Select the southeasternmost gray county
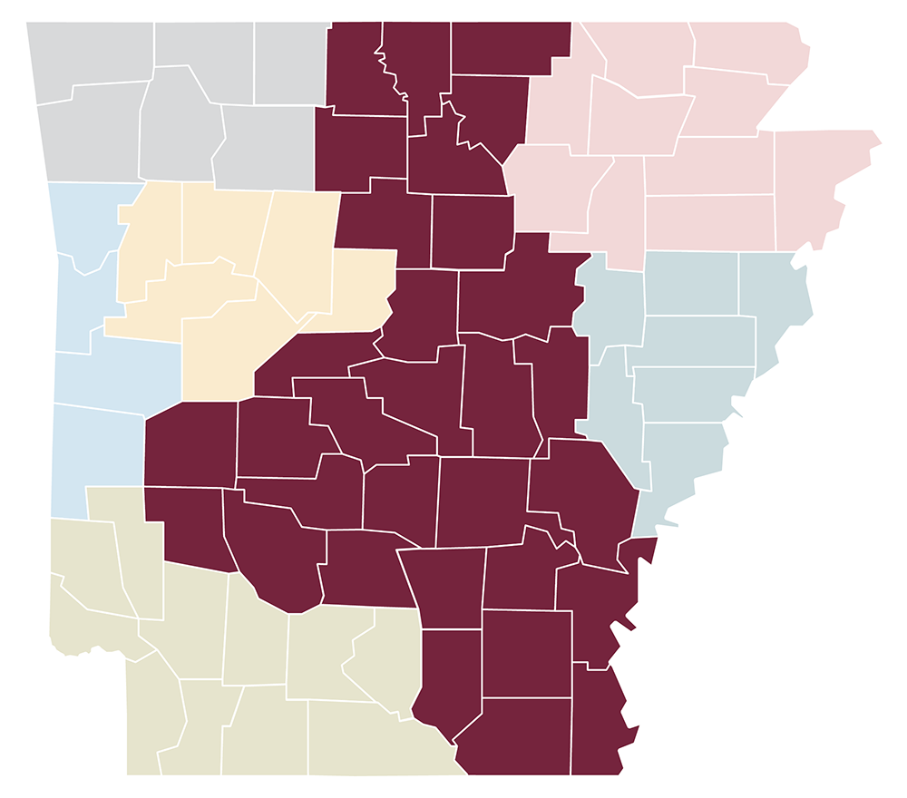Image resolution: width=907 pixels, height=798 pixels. [268, 145]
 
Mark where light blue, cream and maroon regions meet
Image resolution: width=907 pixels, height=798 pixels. [181, 400]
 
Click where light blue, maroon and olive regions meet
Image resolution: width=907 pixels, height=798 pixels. [144, 487]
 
